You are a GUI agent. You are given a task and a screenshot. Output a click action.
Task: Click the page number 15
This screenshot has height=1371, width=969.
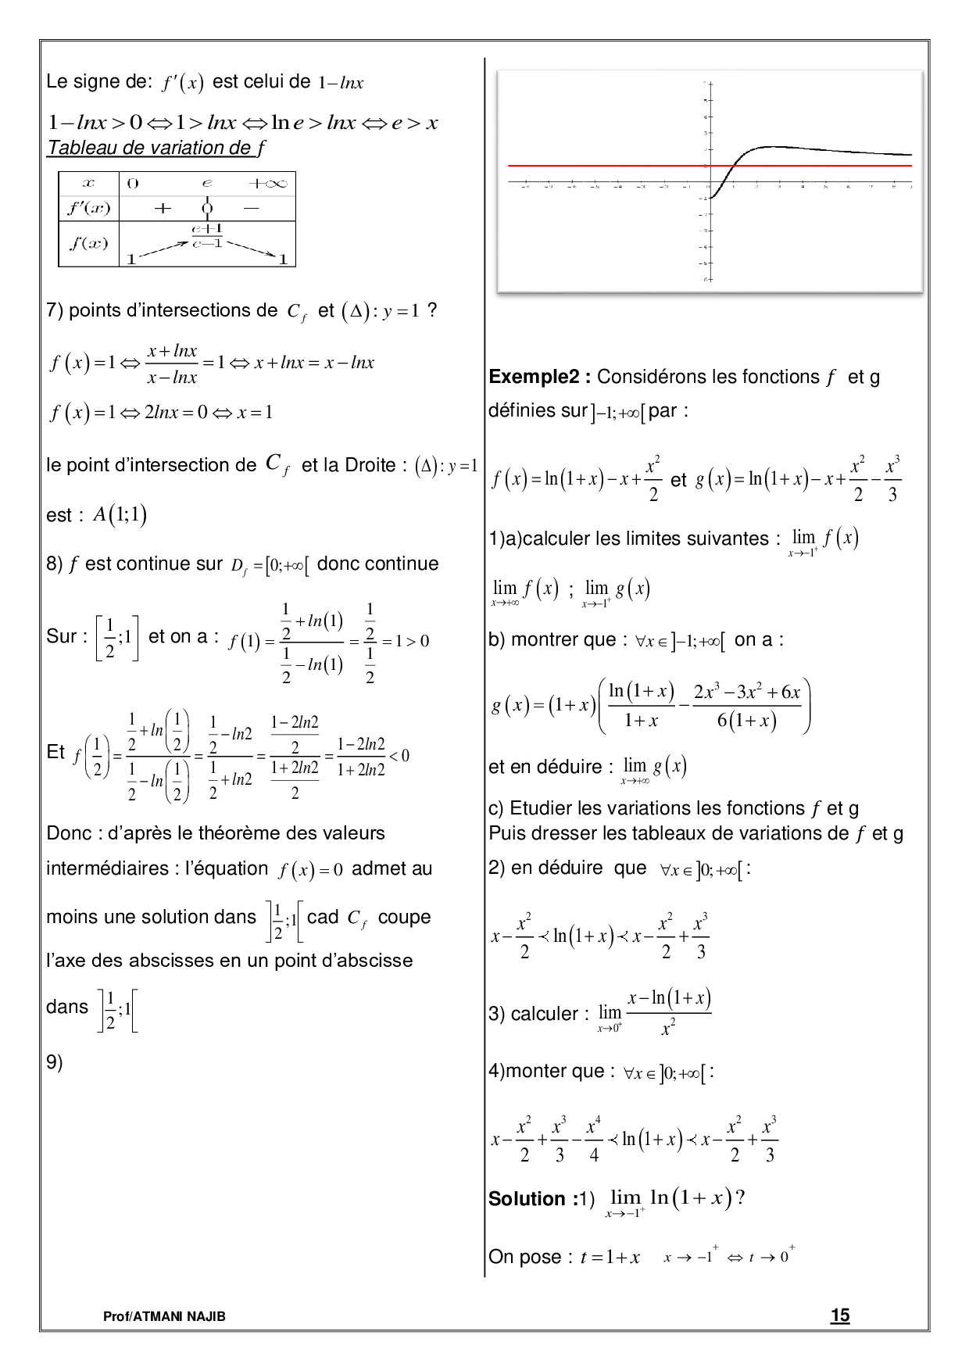click(x=840, y=1315)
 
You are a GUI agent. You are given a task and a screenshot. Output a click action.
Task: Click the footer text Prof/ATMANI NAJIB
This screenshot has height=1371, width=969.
click(x=164, y=1316)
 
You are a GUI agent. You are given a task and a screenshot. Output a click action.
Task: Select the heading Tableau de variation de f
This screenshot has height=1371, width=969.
click(x=156, y=148)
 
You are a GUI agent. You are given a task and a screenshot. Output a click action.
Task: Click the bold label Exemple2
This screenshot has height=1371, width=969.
click(x=539, y=377)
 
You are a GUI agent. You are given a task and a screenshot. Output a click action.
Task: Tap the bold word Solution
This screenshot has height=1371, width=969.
click(x=527, y=1198)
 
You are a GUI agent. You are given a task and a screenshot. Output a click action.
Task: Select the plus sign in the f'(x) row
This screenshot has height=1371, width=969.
click(x=163, y=208)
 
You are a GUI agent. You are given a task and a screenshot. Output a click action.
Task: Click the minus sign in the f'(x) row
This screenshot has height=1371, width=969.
click(x=251, y=208)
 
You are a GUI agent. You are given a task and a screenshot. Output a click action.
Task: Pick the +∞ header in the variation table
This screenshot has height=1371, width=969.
click(x=267, y=183)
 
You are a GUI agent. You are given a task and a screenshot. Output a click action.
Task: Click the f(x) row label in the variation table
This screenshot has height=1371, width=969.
click(x=88, y=243)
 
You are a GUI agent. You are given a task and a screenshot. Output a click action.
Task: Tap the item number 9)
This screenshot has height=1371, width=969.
click(x=55, y=1061)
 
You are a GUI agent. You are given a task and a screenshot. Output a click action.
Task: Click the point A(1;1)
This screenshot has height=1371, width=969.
click(x=120, y=514)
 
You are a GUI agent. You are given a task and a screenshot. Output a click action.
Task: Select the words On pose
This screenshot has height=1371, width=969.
click(x=524, y=1257)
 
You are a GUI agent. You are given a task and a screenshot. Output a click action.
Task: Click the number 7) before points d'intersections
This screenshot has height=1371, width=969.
click(x=54, y=310)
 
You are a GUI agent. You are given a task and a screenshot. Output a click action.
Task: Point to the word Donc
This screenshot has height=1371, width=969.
click(x=69, y=833)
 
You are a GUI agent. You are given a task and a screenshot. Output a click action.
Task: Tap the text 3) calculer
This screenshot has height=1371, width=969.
click(x=533, y=1014)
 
